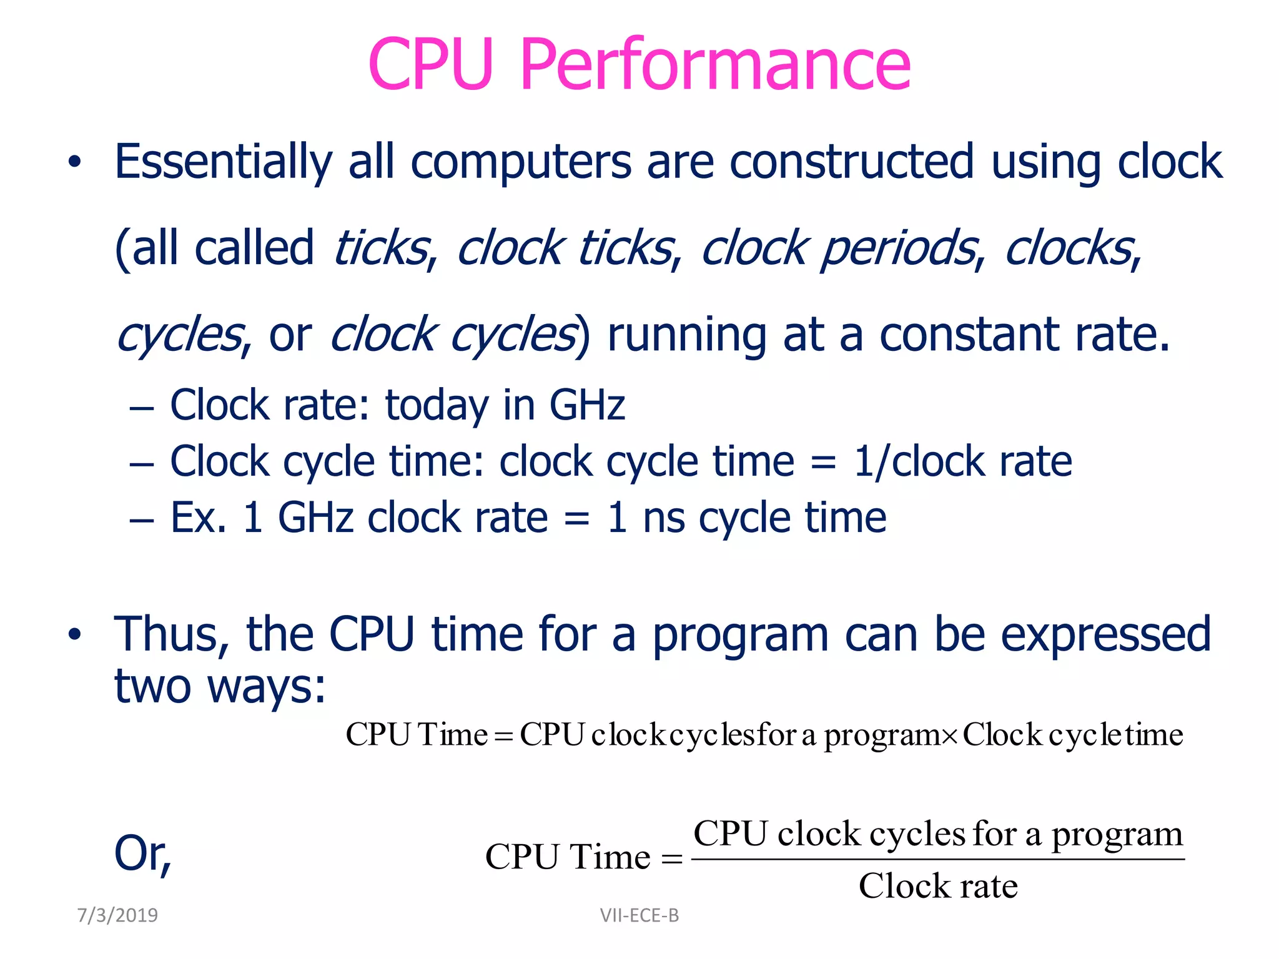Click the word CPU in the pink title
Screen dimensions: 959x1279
pos(431,64)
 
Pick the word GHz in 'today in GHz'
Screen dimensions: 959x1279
pos(587,406)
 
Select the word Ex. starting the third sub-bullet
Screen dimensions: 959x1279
pos(199,518)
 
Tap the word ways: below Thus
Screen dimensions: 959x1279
pos(267,687)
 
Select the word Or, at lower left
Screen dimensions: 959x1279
pos(143,854)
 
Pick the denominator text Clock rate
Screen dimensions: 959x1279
pos(938,886)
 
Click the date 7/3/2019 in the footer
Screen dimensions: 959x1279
pos(117,915)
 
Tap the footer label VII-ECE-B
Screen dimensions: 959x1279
pos(639,915)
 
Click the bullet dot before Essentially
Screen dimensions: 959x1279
pos(75,163)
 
